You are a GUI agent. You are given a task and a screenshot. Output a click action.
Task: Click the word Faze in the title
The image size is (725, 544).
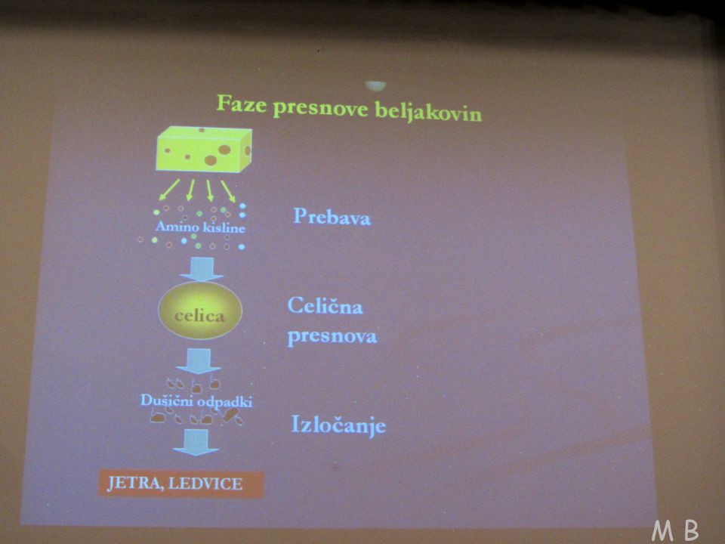tap(242, 104)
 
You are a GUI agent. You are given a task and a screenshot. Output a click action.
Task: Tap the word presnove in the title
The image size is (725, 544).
tap(320, 108)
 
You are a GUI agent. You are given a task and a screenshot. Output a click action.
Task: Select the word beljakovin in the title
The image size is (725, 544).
tap(428, 112)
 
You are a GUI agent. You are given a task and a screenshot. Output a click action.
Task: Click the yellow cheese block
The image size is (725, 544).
tap(205, 149)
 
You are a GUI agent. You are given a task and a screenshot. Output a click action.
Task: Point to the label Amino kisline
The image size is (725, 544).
tap(200, 227)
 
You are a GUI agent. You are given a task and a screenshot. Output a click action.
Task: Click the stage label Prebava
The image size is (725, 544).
tap(332, 217)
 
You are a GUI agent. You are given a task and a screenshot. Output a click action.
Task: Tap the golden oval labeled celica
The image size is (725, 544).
tap(200, 311)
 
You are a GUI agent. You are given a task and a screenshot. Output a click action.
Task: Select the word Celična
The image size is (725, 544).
tap(325, 306)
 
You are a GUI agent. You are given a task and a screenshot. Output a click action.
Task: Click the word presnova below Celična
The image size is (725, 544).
tap(332, 336)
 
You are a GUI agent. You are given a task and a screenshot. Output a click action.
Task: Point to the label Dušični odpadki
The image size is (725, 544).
tap(196, 401)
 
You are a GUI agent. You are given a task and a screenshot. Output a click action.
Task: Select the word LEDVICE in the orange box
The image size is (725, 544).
tap(205, 484)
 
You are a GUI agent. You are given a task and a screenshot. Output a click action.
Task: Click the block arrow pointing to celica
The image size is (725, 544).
tap(202, 269)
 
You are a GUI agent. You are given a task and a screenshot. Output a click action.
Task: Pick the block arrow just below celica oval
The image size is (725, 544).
tap(199, 361)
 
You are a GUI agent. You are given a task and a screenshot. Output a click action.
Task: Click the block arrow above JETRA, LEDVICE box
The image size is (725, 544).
tap(196, 442)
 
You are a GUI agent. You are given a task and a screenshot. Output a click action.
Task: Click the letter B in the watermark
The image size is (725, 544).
tap(691, 530)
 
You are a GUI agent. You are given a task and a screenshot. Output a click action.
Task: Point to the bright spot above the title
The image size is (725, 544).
tap(375, 86)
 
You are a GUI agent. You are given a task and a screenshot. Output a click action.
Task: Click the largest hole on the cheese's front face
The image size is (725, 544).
tap(225, 150)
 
